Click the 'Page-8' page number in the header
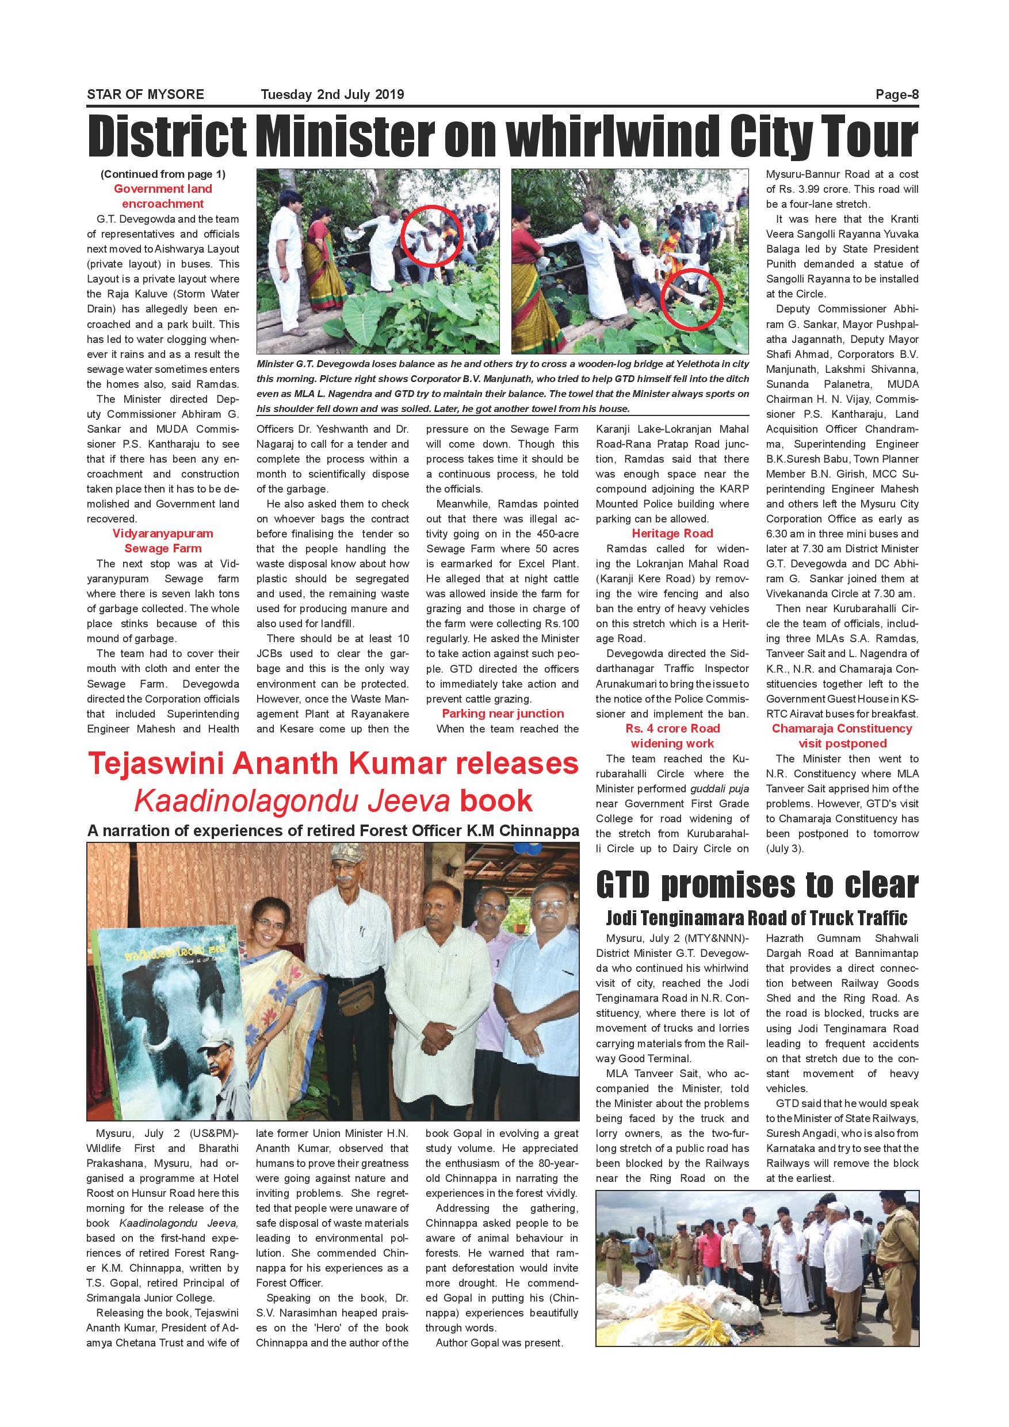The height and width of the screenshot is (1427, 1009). click(x=897, y=94)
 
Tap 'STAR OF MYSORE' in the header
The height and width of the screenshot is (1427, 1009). click(x=146, y=94)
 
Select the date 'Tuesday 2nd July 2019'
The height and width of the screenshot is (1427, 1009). click(x=332, y=94)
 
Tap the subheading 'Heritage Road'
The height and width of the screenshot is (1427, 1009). click(x=672, y=533)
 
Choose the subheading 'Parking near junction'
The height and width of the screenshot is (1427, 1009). click(x=503, y=713)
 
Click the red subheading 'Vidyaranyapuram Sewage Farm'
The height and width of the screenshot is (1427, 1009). click(x=163, y=541)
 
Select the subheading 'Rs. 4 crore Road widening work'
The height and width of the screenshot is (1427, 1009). click(x=672, y=736)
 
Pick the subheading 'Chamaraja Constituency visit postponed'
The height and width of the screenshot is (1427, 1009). click(x=842, y=736)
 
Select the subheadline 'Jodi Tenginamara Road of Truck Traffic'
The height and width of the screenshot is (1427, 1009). click(x=757, y=918)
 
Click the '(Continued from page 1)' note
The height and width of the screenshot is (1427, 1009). click(x=163, y=174)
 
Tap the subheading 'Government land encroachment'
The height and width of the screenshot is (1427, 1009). click(x=163, y=196)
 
